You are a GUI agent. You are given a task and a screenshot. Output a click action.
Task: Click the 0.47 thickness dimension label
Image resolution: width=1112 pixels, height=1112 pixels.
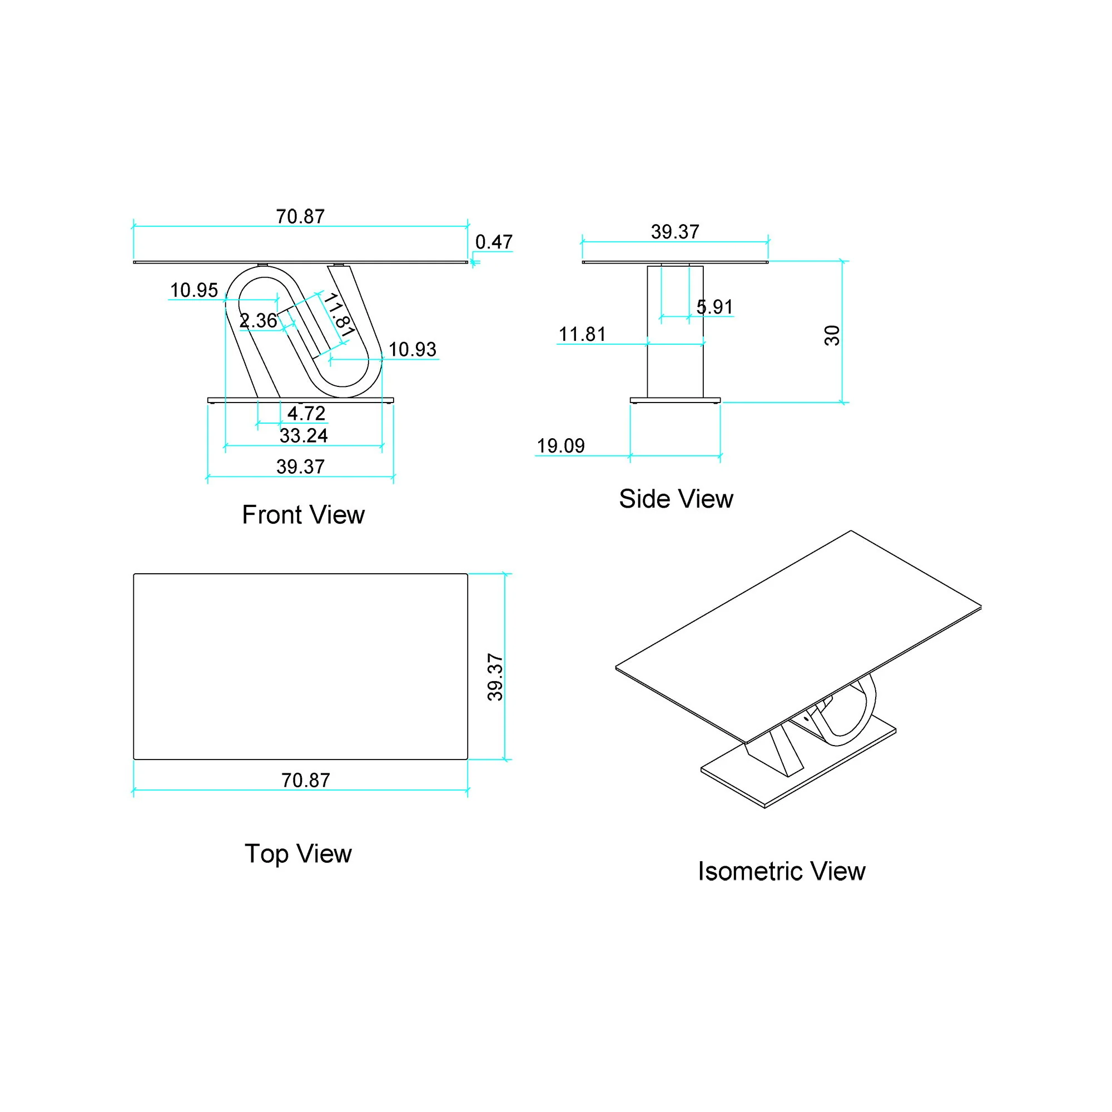(493, 242)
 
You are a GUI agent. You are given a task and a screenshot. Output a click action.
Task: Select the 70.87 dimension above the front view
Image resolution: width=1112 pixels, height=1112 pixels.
(300, 217)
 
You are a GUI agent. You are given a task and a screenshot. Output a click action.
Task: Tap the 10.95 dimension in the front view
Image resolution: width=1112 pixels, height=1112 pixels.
(194, 290)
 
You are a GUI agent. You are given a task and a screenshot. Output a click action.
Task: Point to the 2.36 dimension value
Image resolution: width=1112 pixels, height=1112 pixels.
(258, 321)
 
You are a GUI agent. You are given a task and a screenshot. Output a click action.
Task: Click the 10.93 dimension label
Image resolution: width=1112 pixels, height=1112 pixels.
(412, 349)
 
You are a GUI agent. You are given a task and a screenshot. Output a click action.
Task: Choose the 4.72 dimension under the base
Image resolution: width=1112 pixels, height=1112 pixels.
(306, 413)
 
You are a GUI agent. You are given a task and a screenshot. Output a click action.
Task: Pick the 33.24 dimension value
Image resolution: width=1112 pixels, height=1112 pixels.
(304, 436)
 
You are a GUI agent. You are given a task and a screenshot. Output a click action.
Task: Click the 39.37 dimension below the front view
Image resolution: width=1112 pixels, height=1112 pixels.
(300, 467)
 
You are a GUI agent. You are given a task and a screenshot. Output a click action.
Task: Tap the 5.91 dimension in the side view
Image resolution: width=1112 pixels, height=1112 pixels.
(714, 307)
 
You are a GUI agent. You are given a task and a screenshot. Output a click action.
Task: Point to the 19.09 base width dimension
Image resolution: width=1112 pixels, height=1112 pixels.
(560, 446)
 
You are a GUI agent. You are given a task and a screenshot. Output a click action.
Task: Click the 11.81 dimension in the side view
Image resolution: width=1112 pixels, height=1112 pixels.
(582, 334)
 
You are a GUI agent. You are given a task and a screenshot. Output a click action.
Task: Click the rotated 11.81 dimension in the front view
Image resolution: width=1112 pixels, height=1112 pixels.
(339, 315)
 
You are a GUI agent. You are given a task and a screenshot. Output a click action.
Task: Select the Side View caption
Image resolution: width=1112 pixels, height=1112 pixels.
(676, 499)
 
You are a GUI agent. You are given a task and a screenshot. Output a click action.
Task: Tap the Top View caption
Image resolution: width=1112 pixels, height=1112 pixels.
(297, 853)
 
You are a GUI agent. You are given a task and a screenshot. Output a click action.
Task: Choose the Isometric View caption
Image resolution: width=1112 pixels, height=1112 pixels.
(781, 871)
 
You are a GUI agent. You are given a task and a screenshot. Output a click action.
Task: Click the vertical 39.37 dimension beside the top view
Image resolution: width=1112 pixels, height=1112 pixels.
(495, 677)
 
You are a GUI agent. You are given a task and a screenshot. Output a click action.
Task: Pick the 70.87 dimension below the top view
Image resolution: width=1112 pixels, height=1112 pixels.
(305, 781)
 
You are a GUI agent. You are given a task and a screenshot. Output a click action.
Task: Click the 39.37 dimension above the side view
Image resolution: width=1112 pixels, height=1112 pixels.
(674, 232)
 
